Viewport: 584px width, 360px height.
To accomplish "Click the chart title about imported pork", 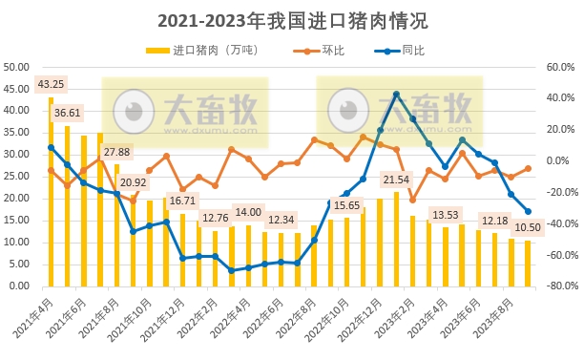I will pyautogui.click(x=292, y=19).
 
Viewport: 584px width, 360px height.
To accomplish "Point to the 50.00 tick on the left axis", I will pyautogui.click(x=16, y=67).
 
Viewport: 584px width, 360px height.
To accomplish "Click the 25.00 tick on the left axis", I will pyautogui.click(x=16, y=176).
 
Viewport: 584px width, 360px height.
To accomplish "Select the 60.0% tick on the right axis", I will pyautogui.click(x=557, y=67).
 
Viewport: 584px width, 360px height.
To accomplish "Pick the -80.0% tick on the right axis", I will pyautogui.click(x=555, y=286).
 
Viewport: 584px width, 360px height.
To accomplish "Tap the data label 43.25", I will pyautogui.click(x=52, y=84).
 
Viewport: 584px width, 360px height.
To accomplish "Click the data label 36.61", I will pyautogui.click(x=68, y=113).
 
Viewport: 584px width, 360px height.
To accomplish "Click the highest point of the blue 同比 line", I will pyautogui.click(x=396, y=95).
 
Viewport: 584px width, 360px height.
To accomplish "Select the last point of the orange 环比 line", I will pyautogui.click(x=528, y=168).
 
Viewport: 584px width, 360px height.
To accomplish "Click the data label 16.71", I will pyautogui.click(x=181, y=201).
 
